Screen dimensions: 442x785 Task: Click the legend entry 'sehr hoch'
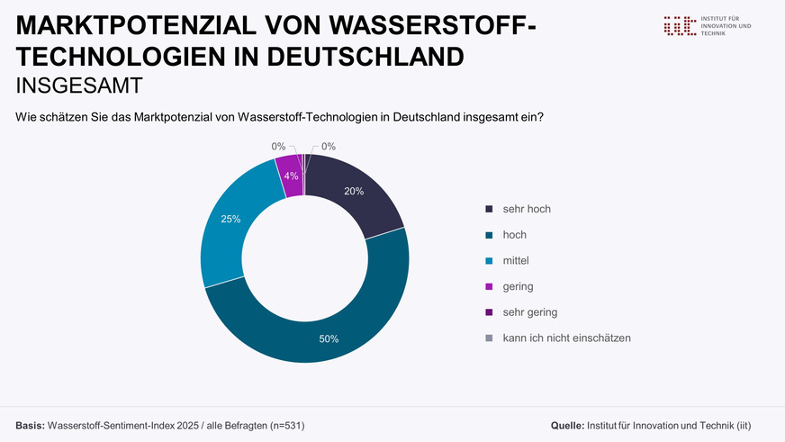point(527,209)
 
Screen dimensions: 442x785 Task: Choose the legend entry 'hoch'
point(514,235)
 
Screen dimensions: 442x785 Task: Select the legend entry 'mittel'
point(516,261)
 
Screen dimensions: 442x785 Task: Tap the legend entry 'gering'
point(518,286)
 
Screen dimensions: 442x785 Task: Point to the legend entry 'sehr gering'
point(529,312)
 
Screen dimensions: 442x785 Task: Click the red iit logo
point(679,25)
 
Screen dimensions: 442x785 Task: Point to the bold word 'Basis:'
point(30,424)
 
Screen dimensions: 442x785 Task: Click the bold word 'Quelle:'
point(566,424)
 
